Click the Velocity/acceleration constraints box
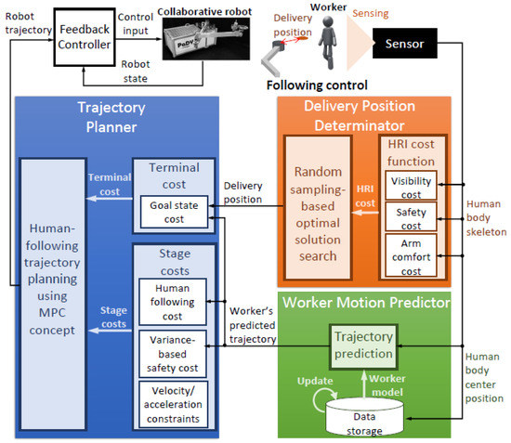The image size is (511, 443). point(174,405)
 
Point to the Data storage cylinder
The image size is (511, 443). point(368,420)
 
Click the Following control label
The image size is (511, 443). point(308,86)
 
